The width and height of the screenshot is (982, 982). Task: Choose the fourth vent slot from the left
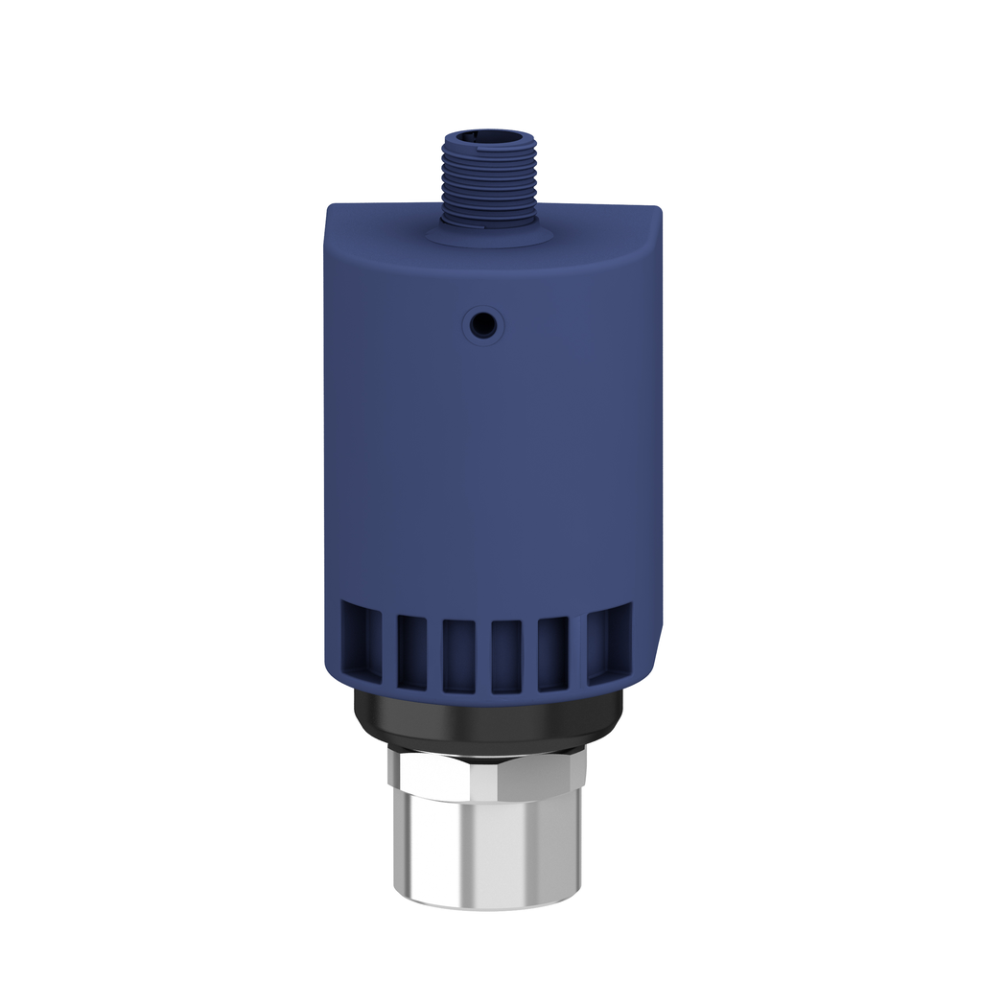[506, 656]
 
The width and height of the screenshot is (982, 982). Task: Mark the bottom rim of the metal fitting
[489, 903]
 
